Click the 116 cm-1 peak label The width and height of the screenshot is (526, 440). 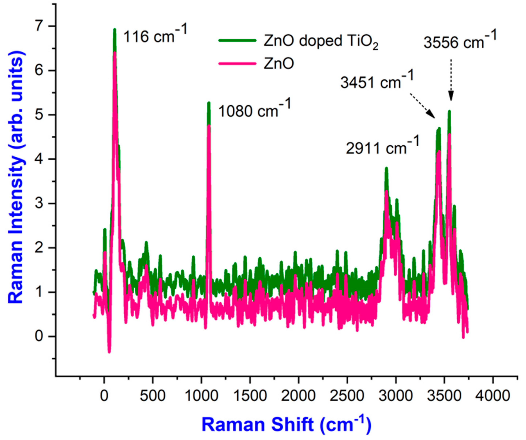155,35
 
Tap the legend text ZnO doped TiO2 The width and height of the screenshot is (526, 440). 321,41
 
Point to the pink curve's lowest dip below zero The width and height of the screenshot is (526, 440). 109,352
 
